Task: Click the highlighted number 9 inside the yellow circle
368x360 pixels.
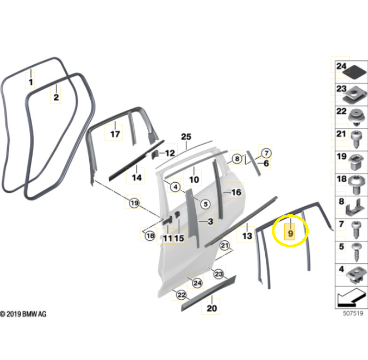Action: tap(290, 233)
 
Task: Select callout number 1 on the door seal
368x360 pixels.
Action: tap(30, 82)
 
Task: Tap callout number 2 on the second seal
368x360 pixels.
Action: tap(56, 97)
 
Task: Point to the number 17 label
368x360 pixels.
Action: tap(115, 134)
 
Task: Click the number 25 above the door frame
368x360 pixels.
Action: tap(186, 136)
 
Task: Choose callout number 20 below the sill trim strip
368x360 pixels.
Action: tap(211, 308)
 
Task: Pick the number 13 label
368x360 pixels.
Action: tap(247, 236)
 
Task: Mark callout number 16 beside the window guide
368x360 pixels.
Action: tap(236, 193)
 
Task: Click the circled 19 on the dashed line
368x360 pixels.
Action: tap(134, 203)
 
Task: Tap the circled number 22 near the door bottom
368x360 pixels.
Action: tap(182, 295)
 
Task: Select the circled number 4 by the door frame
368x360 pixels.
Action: tap(176, 187)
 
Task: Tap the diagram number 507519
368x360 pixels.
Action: tap(353, 313)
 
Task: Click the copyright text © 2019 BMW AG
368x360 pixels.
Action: tap(23, 314)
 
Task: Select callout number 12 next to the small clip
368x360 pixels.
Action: tap(170, 153)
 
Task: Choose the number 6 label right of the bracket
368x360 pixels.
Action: tap(266, 163)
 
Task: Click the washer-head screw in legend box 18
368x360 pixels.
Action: tap(357, 185)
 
